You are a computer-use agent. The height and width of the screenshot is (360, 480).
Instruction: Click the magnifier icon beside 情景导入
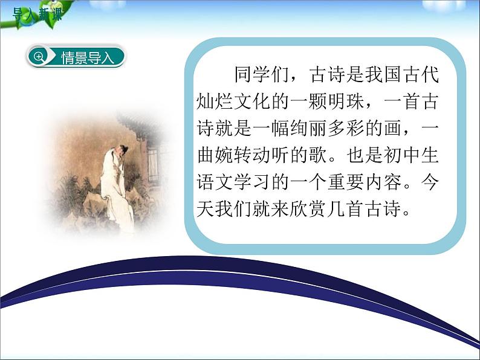tap(39, 57)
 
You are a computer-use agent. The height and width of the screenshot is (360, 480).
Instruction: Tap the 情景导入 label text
tap(87, 57)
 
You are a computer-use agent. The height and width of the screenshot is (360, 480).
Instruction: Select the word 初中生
tap(416, 155)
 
